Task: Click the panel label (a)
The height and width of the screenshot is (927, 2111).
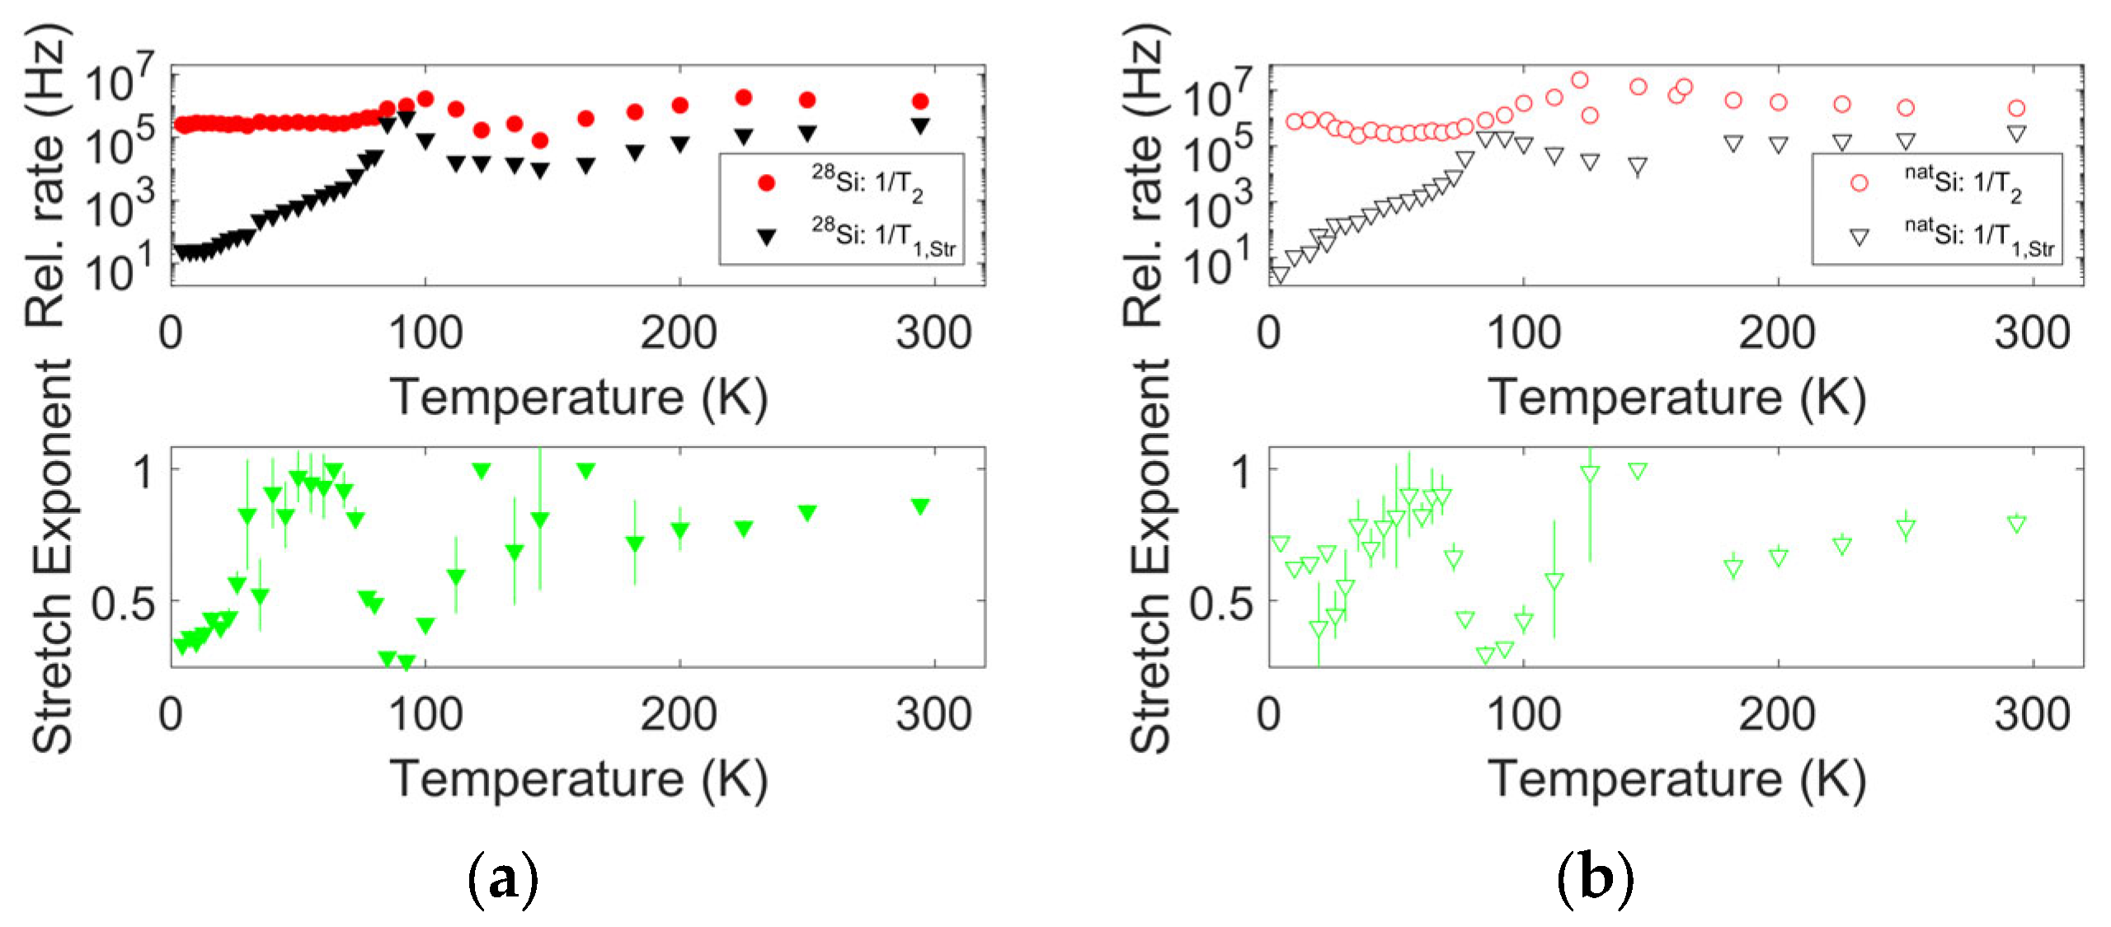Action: pyautogui.click(x=503, y=880)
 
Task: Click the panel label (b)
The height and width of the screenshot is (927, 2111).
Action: pyautogui.click(x=1595, y=880)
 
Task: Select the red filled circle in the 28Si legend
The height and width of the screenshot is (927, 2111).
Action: pyautogui.click(x=766, y=183)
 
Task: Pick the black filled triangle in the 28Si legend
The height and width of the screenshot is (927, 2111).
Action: pyautogui.click(x=766, y=237)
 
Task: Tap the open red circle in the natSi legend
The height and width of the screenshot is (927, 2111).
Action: pyautogui.click(x=1859, y=183)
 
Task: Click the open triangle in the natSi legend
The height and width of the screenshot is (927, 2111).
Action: pyautogui.click(x=1859, y=237)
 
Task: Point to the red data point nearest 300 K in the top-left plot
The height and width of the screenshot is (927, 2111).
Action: pyautogui.click(x=920, y=101)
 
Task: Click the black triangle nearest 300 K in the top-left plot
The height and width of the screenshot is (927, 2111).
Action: pyautogui.click(x=920, y=125)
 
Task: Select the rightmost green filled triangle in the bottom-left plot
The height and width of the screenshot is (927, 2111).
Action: pyautogui.click(x=920, y=506)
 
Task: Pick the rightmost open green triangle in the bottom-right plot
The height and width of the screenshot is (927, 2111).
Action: pyautogui.click(x=2016, y=524)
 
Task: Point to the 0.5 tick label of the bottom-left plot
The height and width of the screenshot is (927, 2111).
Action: pyautogui.click(x=123, y=604)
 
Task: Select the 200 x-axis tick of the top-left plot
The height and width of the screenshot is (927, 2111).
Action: pyautogui.click(x=679, y=334)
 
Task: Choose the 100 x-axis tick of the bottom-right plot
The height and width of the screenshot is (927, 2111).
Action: pyautogui.click(x=1523, y=714)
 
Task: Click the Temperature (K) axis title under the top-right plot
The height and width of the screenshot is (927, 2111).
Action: pyautogui.click(x=1676, y=397)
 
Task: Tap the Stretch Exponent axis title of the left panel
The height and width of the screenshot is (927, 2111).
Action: pyautogui.click(x=53, y=557)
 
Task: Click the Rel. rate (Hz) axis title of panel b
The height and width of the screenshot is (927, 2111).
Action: pyautogui.click(x=1147, y=175)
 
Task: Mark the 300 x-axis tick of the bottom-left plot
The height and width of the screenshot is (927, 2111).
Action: pyautogui.click(x=933, y=714)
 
